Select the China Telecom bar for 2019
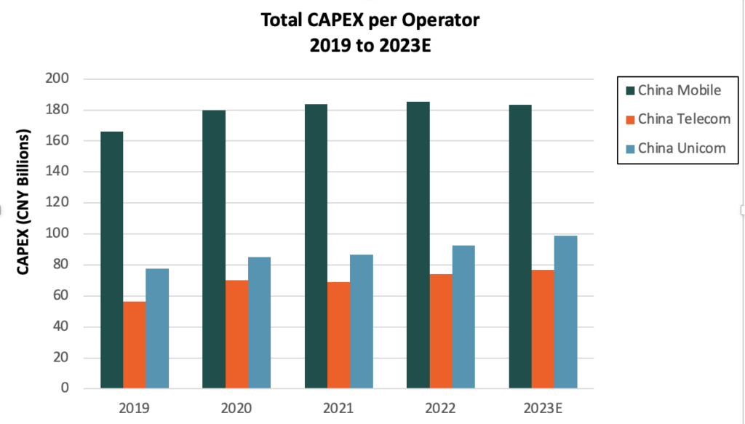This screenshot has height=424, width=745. (x=134, y=345)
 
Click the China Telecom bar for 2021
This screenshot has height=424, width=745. (x=338, y=335)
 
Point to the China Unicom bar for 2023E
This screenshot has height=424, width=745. (x=565, y=312)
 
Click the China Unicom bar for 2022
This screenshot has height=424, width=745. (x=463, y=316)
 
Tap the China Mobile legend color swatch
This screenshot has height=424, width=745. (x=629, y=91)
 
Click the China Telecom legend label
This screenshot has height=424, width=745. (x=684, y=119)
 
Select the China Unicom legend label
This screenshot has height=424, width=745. (x=682, y=148)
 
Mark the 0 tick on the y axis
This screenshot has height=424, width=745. (x=65, y=388)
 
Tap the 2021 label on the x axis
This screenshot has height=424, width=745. (x=338, y=407)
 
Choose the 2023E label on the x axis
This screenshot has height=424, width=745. (x=543, y=407)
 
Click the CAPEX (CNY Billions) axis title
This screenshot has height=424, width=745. (x=23, y=202)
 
